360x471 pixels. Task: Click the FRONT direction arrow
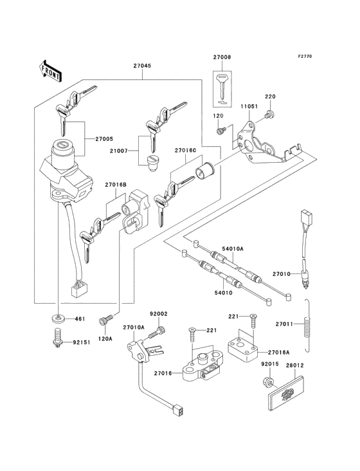pos(50,71)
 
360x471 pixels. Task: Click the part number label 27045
pos(143,66)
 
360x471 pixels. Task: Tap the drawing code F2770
pos(305,56)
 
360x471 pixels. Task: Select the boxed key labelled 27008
pos(222,89)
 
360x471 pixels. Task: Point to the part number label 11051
pos(249,106)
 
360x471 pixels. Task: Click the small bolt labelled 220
pos(270,113)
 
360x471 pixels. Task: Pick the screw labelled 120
pos(221,131)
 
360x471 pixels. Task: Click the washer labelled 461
pos(57,318)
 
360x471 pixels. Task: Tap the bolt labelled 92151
pos(57,338)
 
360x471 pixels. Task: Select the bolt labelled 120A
pos(105,319)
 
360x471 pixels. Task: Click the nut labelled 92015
pos(269,381)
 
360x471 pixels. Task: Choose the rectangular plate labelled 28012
pos(285,394)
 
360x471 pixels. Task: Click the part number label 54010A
pos(233,249)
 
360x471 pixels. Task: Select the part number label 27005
pos(104,139)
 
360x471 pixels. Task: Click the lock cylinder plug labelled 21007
pos(151,163)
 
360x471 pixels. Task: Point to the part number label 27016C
pos(185,150)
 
